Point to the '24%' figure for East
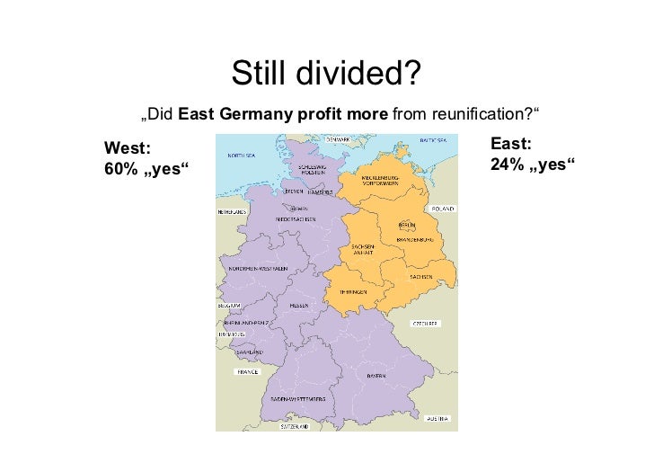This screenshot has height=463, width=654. pyautogui.click(x=508, y=165)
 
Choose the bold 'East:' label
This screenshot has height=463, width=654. pyautogui.click(x=511, y=144)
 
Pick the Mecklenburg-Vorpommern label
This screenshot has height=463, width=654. pyautogui.click(x=386, y=181)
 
